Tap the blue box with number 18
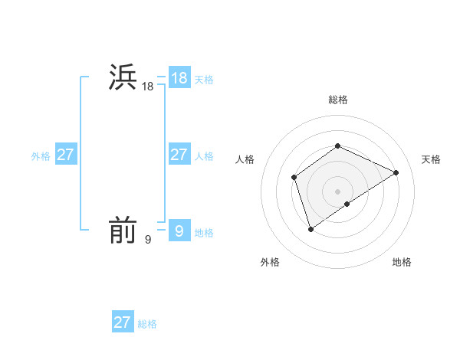(x=179, y=77)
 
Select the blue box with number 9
(x=179, y=230)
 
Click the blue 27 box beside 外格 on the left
(x=66, y=155)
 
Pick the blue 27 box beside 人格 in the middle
(x=179, y=155)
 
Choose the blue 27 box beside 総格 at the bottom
(x=123, y=322)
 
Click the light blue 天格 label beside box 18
(x=204, y=79)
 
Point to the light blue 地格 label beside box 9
(x=204, y=232)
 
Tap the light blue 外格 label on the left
(x=41, y=156)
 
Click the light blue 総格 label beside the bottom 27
(x=147, y=324)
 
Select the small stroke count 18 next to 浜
(x=148, y=87)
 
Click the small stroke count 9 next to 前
(x=148, y=240)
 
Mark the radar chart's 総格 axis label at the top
(x=337, y=100)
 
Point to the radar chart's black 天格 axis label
(x=431, y=159)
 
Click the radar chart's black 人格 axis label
(x=245, y=159)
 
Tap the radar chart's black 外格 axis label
(x=270, y=262)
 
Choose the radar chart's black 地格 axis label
(x=402, y=262)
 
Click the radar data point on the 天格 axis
(x=396, y=172)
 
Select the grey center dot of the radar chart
(x=337, y=191)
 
